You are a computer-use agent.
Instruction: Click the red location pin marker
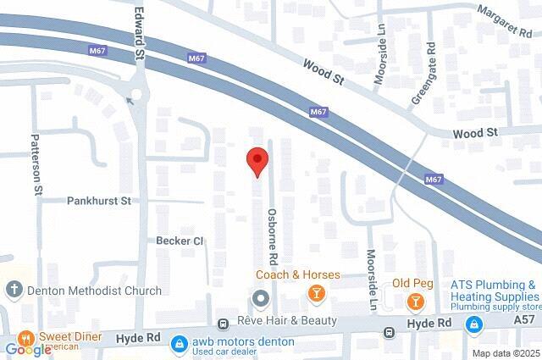[257, 160]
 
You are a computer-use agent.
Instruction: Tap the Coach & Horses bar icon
[316, 293]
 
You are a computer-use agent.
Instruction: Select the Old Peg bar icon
[415, 302]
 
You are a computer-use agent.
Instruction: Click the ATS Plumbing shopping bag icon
[475, 323]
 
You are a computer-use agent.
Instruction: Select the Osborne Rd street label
[273, 235]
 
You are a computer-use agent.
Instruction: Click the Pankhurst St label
[99, 202]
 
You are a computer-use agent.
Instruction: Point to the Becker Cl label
[180, 241]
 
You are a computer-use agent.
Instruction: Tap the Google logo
[27, 350]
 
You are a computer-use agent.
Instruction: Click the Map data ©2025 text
[505, 353]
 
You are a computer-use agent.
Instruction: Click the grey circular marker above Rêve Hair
[260, 299]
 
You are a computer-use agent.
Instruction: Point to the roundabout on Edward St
[135, 91]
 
